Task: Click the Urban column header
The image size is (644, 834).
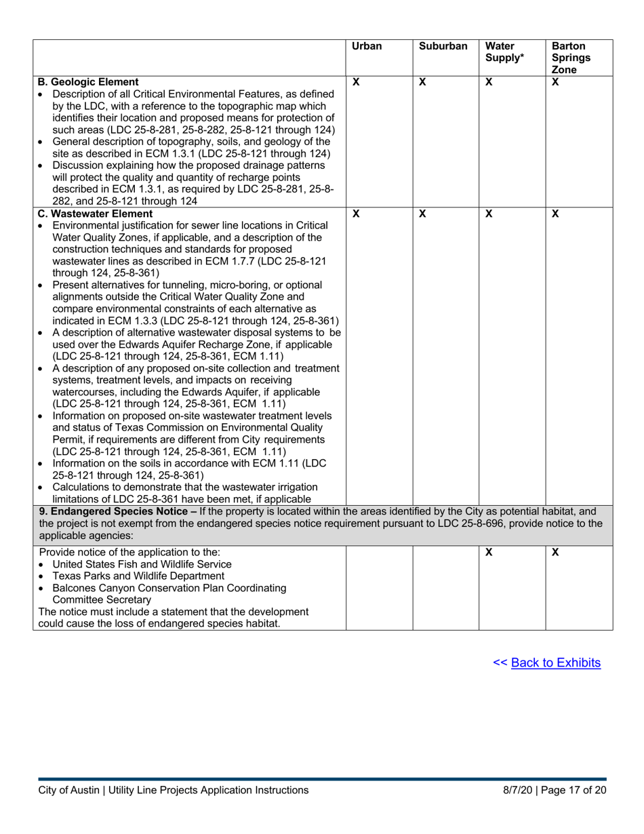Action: click(x=367, y=47)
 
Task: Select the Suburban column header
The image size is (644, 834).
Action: click(x=443, y=47)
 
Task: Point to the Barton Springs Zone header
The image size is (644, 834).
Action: click(x=570, y=58)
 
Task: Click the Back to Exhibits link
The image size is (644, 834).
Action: click(x=555, y=662)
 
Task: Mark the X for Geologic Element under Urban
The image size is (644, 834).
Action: click(x=356, y=82)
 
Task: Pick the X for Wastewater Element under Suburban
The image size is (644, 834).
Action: click(x=422, y=214)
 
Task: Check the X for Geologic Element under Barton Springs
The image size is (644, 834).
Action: click(x=555, y=82)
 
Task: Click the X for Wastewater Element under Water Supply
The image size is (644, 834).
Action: click(x=489, y=214)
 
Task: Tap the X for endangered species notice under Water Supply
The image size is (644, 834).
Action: click(x=489, y=553)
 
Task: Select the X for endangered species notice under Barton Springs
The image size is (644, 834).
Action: click(x=555, y=553)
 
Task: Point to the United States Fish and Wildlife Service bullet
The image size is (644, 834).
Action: click(x=142, y=564)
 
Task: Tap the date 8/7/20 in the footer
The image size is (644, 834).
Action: click(x=517, y=790)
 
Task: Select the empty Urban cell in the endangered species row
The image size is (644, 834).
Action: click(x=379, y=587)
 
